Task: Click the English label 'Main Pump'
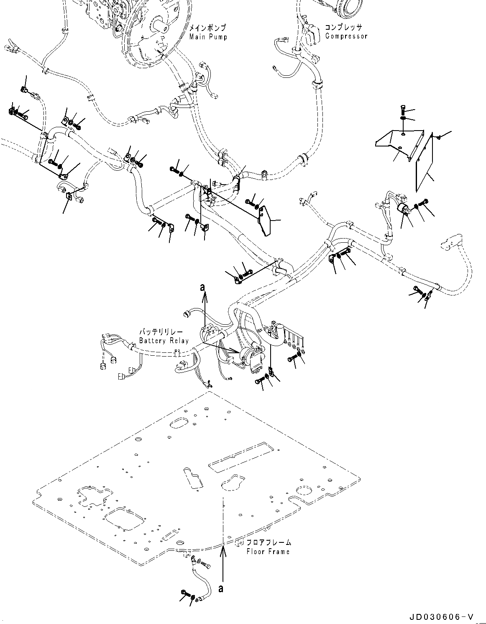click(x=208, y=37)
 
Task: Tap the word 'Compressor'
click(x=346, y=36)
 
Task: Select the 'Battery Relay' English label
click(x=164, y=340)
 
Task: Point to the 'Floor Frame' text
click(x=268, y=552)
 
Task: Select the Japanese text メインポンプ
click(x=207, y=28)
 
